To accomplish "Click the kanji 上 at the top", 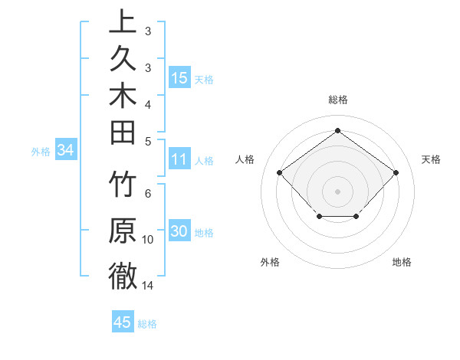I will pyautogui.click(x=123, y=21).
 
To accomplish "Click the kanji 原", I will pyautogui.click(x=123, y=231).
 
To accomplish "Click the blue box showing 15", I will pyautogui.click(x=179, y=77).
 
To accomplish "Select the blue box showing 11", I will pyautogui.click(x=179, y=159).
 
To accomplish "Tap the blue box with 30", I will pyautogui.click(x=179, y=232).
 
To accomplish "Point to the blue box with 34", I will pyautogui.click(x=66, y=151).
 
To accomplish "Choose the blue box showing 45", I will pyautogui.click(x=123, y=322).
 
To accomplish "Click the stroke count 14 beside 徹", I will pyautogui.click(x=148, y=286).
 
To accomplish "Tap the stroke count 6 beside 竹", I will pyautogui.click(x=148, y=194).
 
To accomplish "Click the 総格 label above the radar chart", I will pyautogui.click(x=337, y=100).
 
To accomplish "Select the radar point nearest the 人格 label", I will pyautogui.click(x=280, y=172).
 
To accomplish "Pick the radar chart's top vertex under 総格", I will pyautogui.click(x=337, y=130).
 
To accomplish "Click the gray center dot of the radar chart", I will pyautogui.click(x=337, y=191).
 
